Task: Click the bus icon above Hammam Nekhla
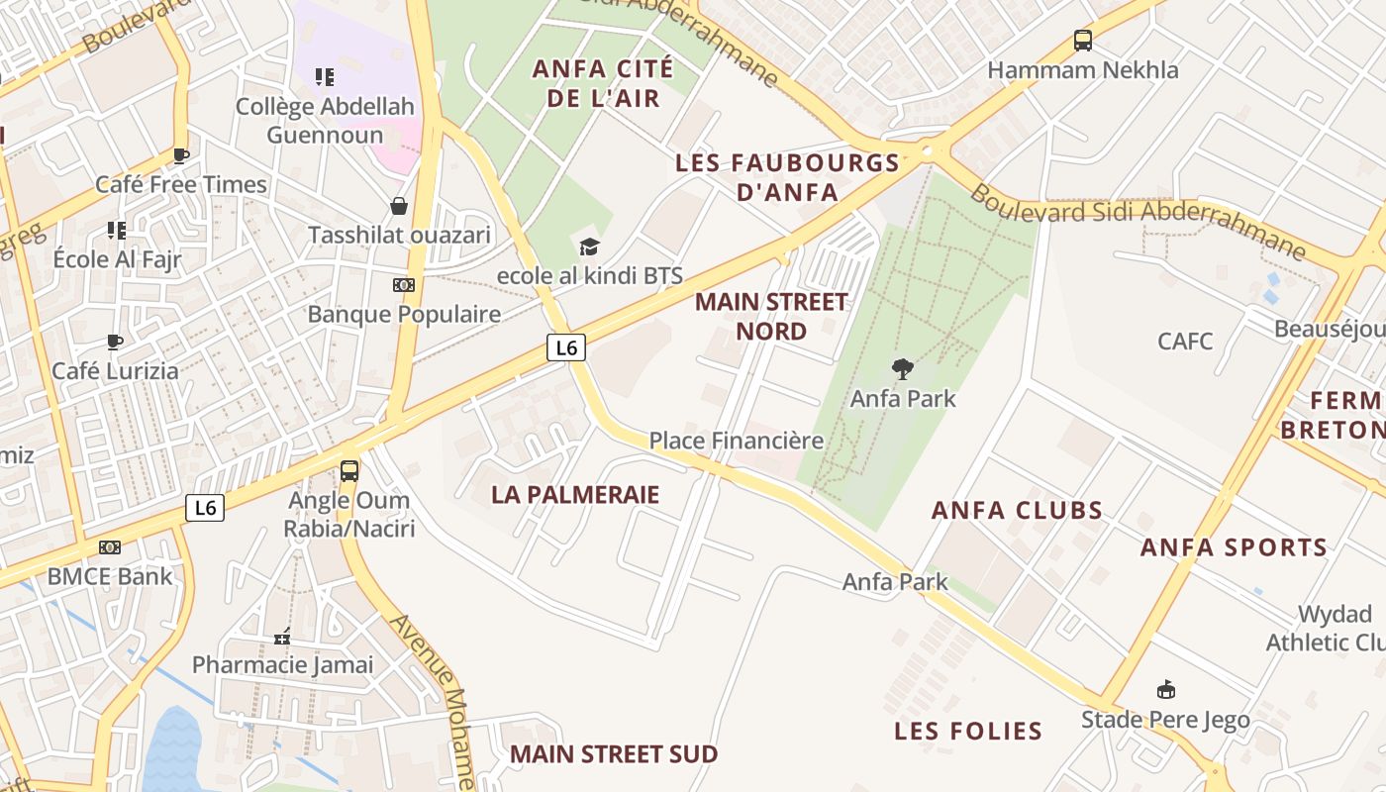(x=1083, y=41)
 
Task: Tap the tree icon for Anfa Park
(x=902, y=369)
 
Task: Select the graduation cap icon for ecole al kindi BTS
(x=589, y=247)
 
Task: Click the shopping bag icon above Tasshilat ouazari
(x=399, y=206)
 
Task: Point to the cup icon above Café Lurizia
(x=115, y=343)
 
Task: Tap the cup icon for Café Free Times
(x=181, y=155)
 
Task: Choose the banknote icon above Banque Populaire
(x=403, y=285)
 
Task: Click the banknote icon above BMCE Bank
(x=110, y=546)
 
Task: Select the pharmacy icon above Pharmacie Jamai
(x=282, y=637)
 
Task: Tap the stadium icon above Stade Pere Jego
(x=1165, y=690)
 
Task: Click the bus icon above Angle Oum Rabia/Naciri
(x=349, y=471)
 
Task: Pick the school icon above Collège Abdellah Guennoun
(x=324, y=76)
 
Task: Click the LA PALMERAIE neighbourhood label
(x=575, y=495)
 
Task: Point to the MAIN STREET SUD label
(x=614, y=754)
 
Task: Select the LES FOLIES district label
(x=968, y=732)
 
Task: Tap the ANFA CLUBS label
(x=1017, y=511)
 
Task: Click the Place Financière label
(x=737, y=441)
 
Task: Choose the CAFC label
(x=1185, y=342)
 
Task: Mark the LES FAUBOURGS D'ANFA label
(x=787, y=177)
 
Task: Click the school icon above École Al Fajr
(x=117, y=231)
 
